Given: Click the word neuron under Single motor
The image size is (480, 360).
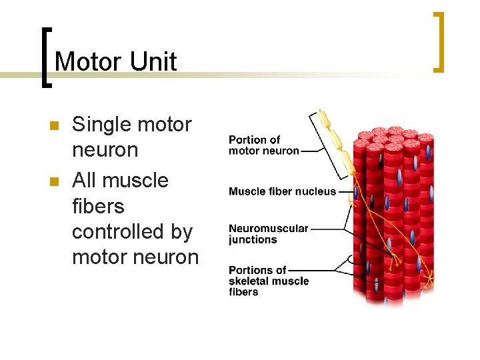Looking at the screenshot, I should pyautogui.click(x=105, y=150).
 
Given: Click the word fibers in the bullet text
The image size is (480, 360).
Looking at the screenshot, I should pyautogui.click(x=98, y=206).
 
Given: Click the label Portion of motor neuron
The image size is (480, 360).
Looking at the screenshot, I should pyautogui.click(x=263, y=145).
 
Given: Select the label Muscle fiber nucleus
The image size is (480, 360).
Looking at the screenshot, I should pyautogui.click(x=282, y=191).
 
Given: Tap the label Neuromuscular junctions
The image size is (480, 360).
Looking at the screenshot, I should pyautogui.click(x=268, y=234).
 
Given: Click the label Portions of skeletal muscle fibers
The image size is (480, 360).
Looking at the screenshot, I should pyautogui.click(x=268, y=281).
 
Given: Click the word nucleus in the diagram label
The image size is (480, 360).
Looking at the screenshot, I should pyautogui.click(x=317, y=191).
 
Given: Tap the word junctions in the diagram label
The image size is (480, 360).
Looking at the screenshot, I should pyautogui.click(x=253, y=240).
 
